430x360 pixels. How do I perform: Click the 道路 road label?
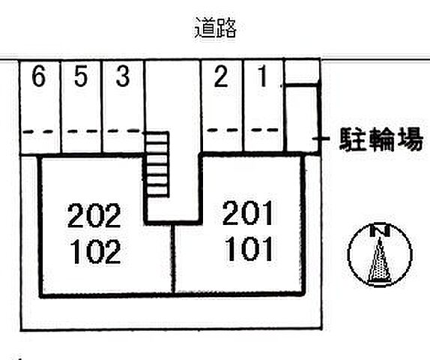[x=216, y=28]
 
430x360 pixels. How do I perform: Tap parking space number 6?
[x=38, y=76]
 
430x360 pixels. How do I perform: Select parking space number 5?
[x=81, y=76]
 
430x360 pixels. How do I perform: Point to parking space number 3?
[x=123, y=76]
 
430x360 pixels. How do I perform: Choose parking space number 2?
[x=221, y=76]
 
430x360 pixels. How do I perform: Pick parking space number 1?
[x=263, y=76]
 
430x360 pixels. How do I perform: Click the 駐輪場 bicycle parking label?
[x=381, y=139]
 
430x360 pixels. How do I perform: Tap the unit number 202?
[x=94, y=215]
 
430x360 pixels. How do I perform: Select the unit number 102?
[x=95, y=251]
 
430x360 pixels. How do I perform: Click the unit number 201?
[x=248, y=213]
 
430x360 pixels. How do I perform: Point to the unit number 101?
[x=249, y=249]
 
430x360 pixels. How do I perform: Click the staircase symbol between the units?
[x=157, y=164]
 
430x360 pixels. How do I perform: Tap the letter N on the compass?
[x=380, y=231]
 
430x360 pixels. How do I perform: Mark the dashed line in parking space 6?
[x=40, y=131]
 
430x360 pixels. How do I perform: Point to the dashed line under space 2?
[x=222, y=130]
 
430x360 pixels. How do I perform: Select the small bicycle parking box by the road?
[x=302, y=72]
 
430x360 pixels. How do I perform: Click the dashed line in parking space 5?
[x=82, y=131]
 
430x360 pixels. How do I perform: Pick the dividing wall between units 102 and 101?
[x=173, y=259]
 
